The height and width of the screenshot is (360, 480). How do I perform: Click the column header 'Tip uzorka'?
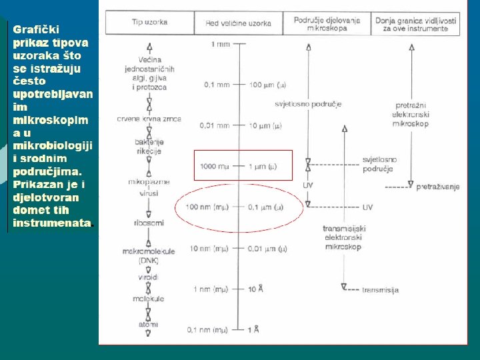pyautogui.click(x=149, y=23)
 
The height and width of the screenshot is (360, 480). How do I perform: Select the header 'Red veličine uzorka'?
pyautogui.click(x=238, y=23)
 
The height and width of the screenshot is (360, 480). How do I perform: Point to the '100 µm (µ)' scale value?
pyautogui.click(x=268, y=85)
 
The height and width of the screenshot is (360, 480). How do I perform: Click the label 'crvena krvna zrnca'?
pyautogui.click(x=149, y=119)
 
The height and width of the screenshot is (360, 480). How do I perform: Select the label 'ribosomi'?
pyautogui.click(x=149, y=223)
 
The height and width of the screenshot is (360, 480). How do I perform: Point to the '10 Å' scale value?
pyautogui.click(x=256, y=289)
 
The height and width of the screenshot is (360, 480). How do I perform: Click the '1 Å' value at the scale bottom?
pyautogui.click(x=253, y=329)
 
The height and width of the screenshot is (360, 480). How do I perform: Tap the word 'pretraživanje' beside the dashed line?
pyautogui.click(x=438, y=187)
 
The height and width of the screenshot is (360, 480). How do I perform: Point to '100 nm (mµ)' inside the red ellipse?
pyautogui.click(x=208, y=207)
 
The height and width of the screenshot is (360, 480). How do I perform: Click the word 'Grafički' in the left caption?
pyautogui.click(x=36, y=29)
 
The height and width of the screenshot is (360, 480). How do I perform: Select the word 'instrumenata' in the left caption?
pyautogui.click(x=51, y=223)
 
